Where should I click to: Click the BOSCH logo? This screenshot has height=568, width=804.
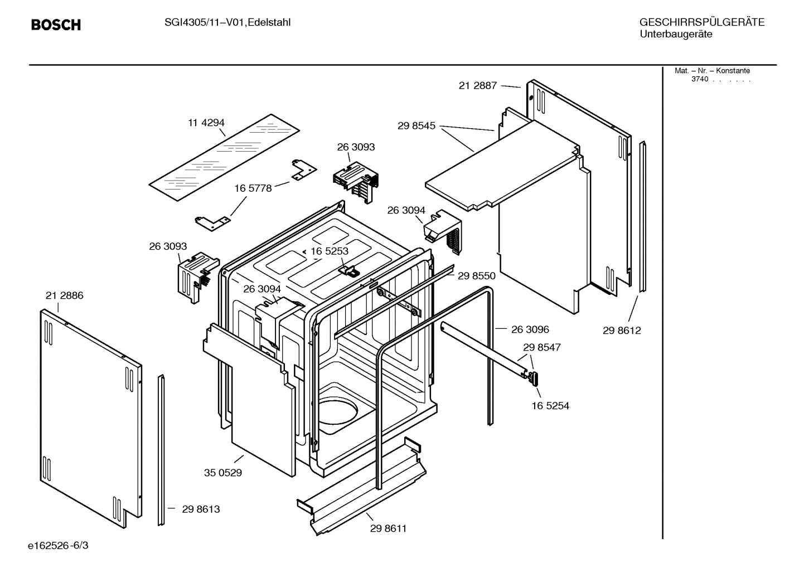56,25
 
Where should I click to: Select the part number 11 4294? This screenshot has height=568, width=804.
206,123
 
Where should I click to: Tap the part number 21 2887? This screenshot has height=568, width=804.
477,85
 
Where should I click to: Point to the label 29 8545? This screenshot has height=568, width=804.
416,126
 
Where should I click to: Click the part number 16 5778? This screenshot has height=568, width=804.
253,188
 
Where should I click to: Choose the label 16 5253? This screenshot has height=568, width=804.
329,251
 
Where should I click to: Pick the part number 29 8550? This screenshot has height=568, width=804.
476,275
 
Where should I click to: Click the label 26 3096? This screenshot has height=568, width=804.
530,329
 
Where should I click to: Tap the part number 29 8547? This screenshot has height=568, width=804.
541,347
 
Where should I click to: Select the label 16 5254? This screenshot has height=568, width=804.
550,406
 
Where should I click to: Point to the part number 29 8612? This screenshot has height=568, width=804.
622,331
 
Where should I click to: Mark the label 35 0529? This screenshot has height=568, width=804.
222,473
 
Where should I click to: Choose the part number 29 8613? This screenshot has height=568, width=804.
201,509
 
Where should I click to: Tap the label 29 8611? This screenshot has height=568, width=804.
388,528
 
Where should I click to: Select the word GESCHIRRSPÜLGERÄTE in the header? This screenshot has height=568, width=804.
701,22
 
